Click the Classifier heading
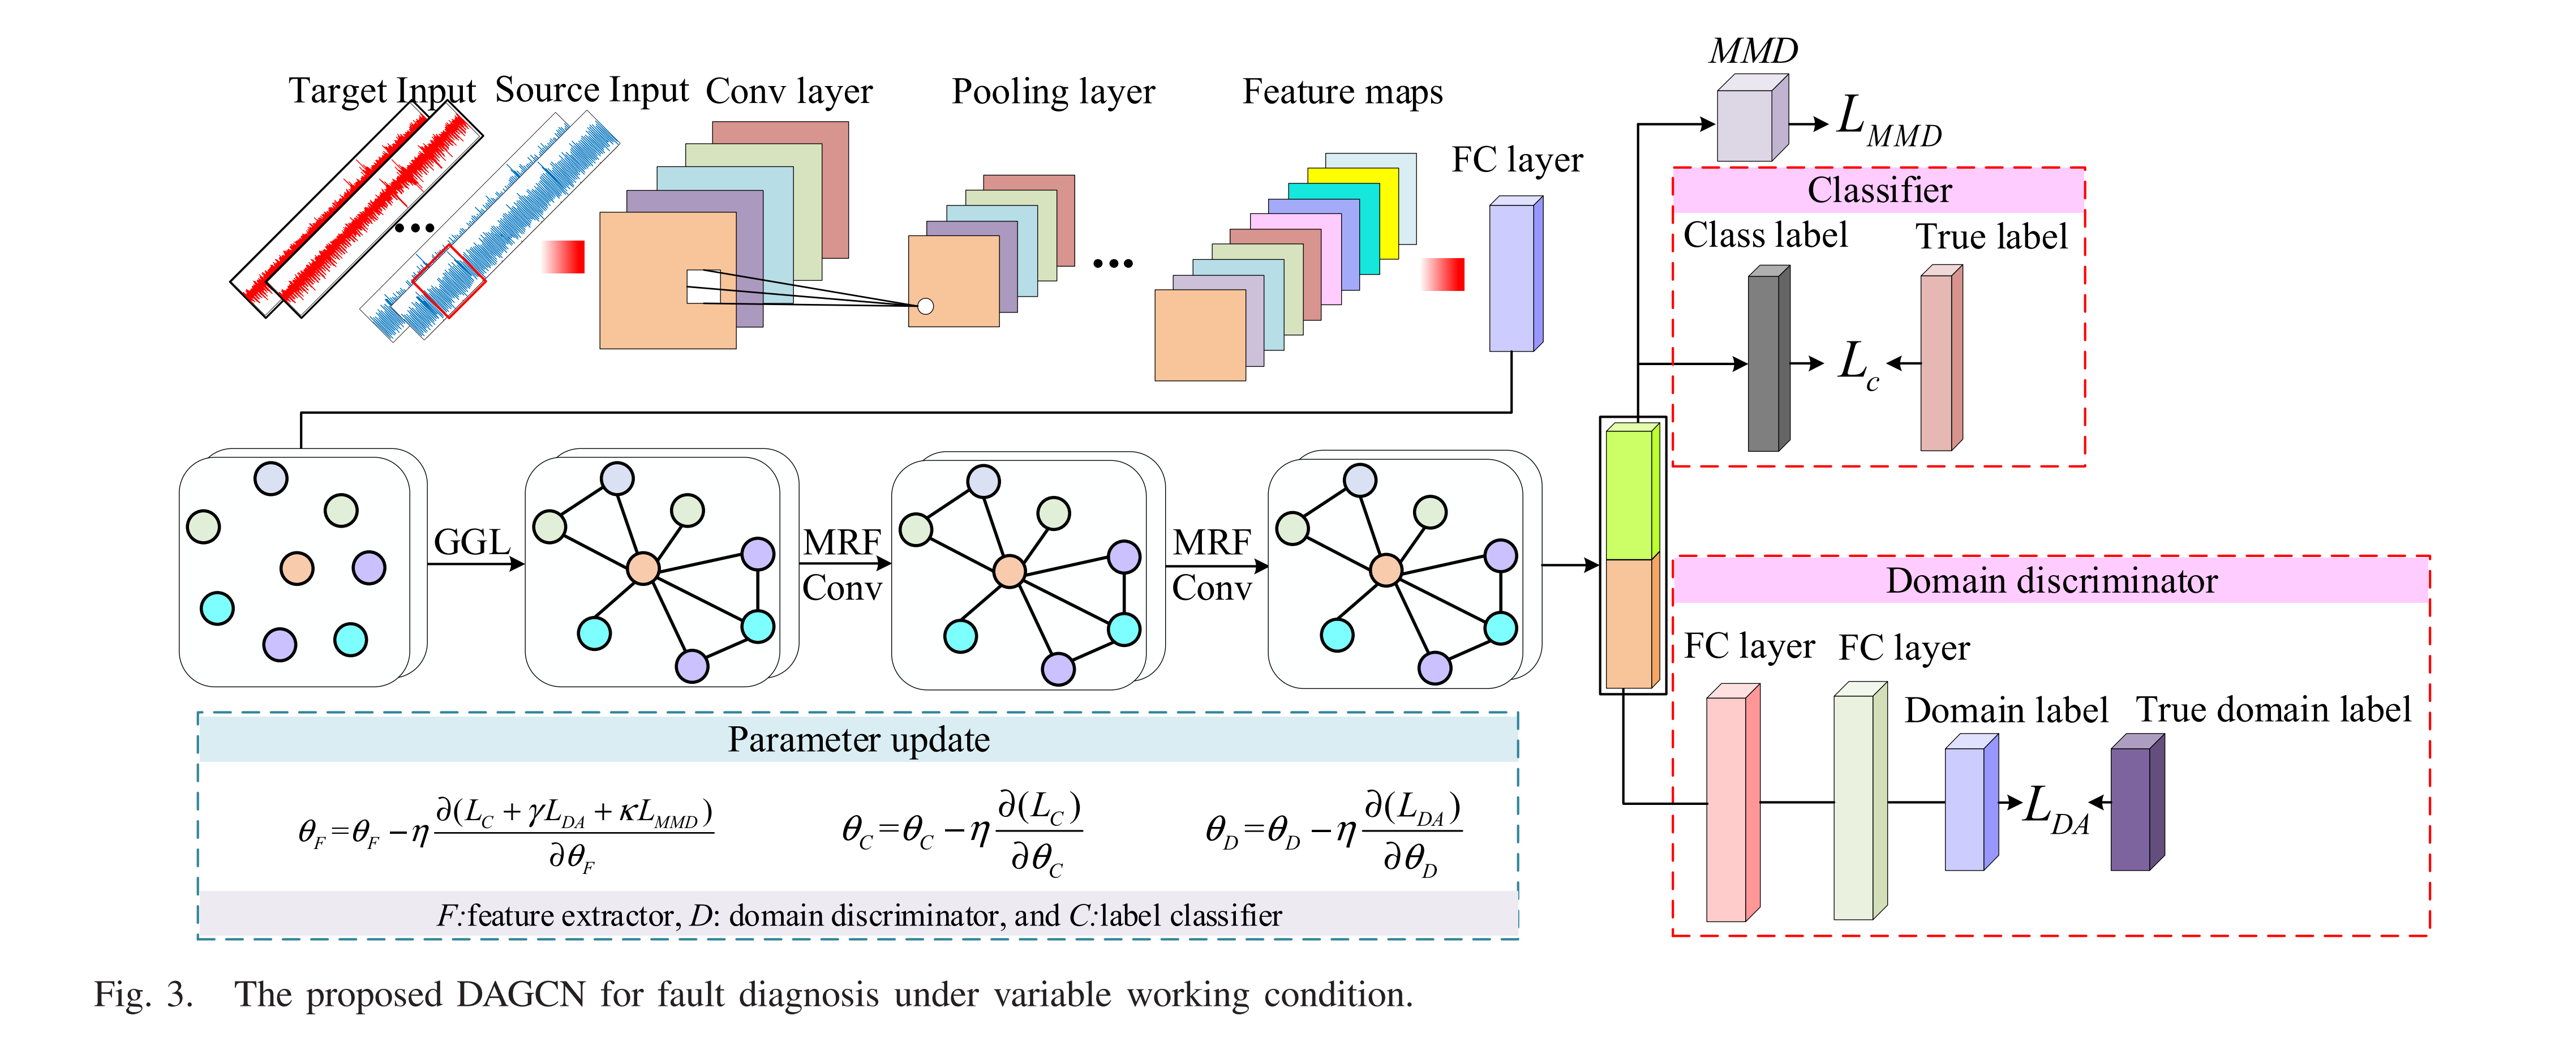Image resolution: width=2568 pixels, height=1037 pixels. point(1879,190)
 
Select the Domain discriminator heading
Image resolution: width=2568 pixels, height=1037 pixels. point(2051,580)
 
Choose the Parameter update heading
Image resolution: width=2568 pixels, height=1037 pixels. point(858,740)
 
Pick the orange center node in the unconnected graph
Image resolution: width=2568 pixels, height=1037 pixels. point(296,568)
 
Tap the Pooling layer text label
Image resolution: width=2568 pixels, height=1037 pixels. point(1053,92)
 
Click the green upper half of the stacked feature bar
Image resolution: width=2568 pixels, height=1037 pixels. point(1631,494)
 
